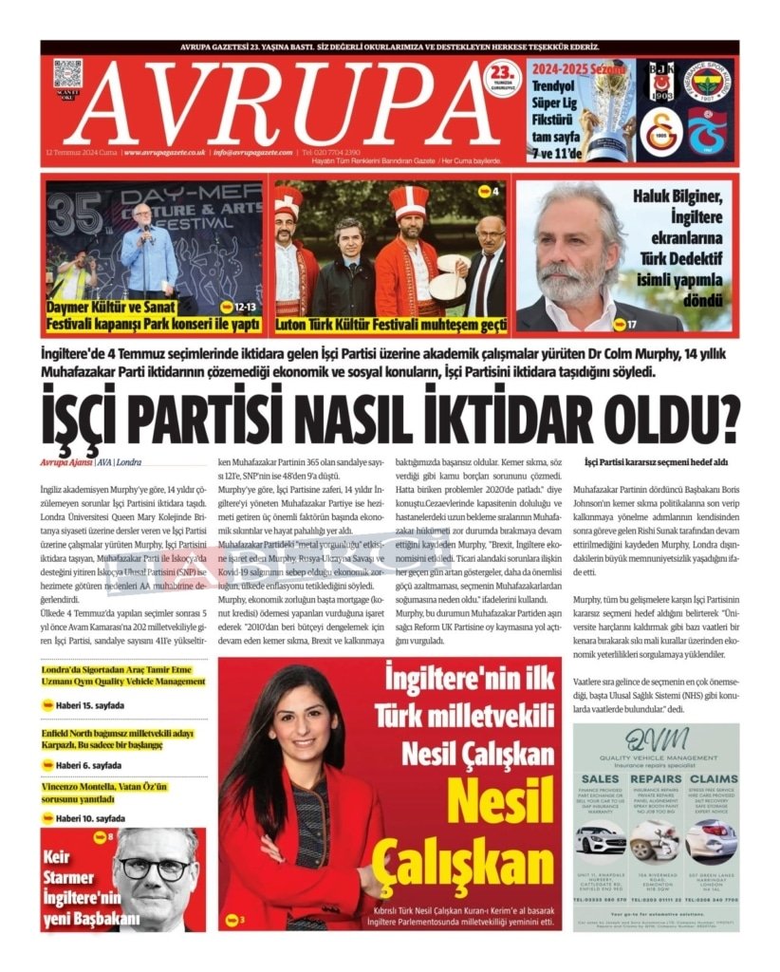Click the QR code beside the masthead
(x=68, y=75)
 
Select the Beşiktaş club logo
(x=659, y=84)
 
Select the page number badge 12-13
(x=239, y=307)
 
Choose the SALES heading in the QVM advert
(x=601, y=778)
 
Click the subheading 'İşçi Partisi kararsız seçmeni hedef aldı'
(x=656, y=461)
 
